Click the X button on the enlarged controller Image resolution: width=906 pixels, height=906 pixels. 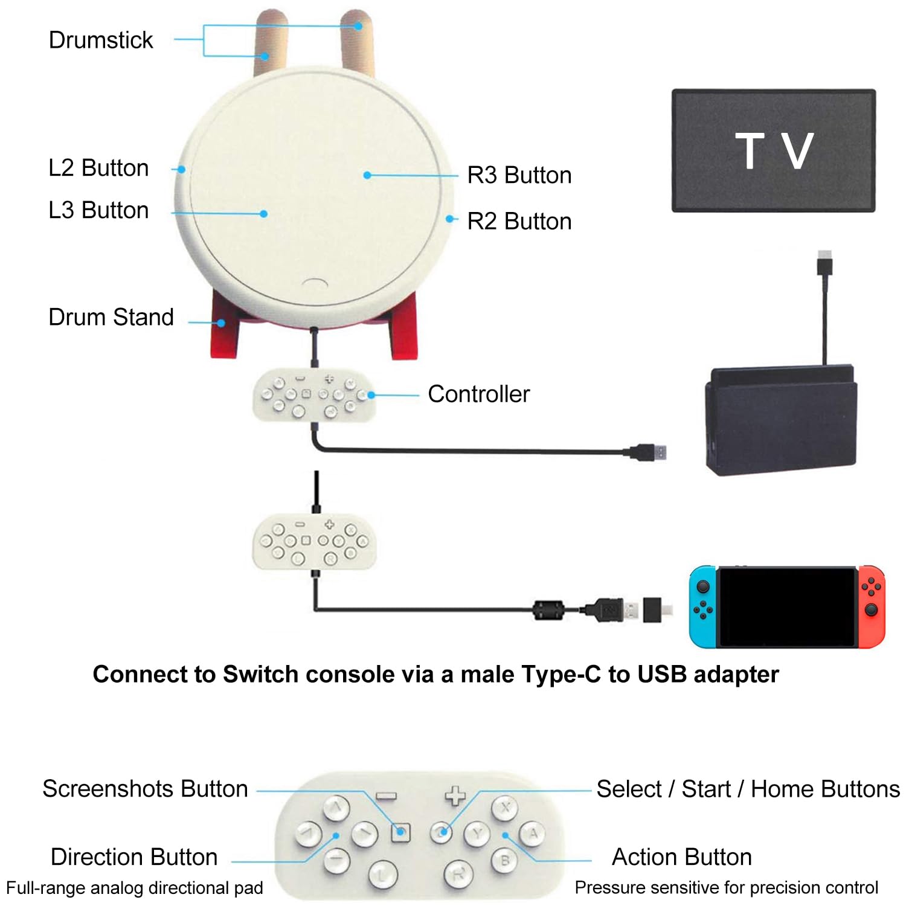click(506, 808)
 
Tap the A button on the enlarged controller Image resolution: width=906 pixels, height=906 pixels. click(532, 834)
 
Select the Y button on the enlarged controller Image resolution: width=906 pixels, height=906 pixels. click(477, 834)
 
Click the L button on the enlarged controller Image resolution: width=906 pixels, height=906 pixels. click(383, 874)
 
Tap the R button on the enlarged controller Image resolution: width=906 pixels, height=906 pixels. click(459, 874)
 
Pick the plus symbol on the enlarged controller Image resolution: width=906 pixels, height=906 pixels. click(455, 795)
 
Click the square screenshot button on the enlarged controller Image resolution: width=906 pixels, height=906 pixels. click(400, 832)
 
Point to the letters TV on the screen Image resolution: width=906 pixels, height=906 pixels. click(774, 150)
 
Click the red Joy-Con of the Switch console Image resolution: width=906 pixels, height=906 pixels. click(871, 606)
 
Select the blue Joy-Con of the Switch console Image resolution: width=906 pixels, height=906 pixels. click(704, 606)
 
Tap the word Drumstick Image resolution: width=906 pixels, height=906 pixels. click(101, 40)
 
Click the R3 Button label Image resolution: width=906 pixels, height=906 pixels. click(519, 175)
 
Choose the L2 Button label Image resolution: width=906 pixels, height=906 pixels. click(98, 168)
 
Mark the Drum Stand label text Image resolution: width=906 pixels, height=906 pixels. click(111, 317)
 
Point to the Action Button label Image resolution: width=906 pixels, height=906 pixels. click(682, 857)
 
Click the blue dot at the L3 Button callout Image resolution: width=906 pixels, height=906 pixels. click(263, 214)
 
